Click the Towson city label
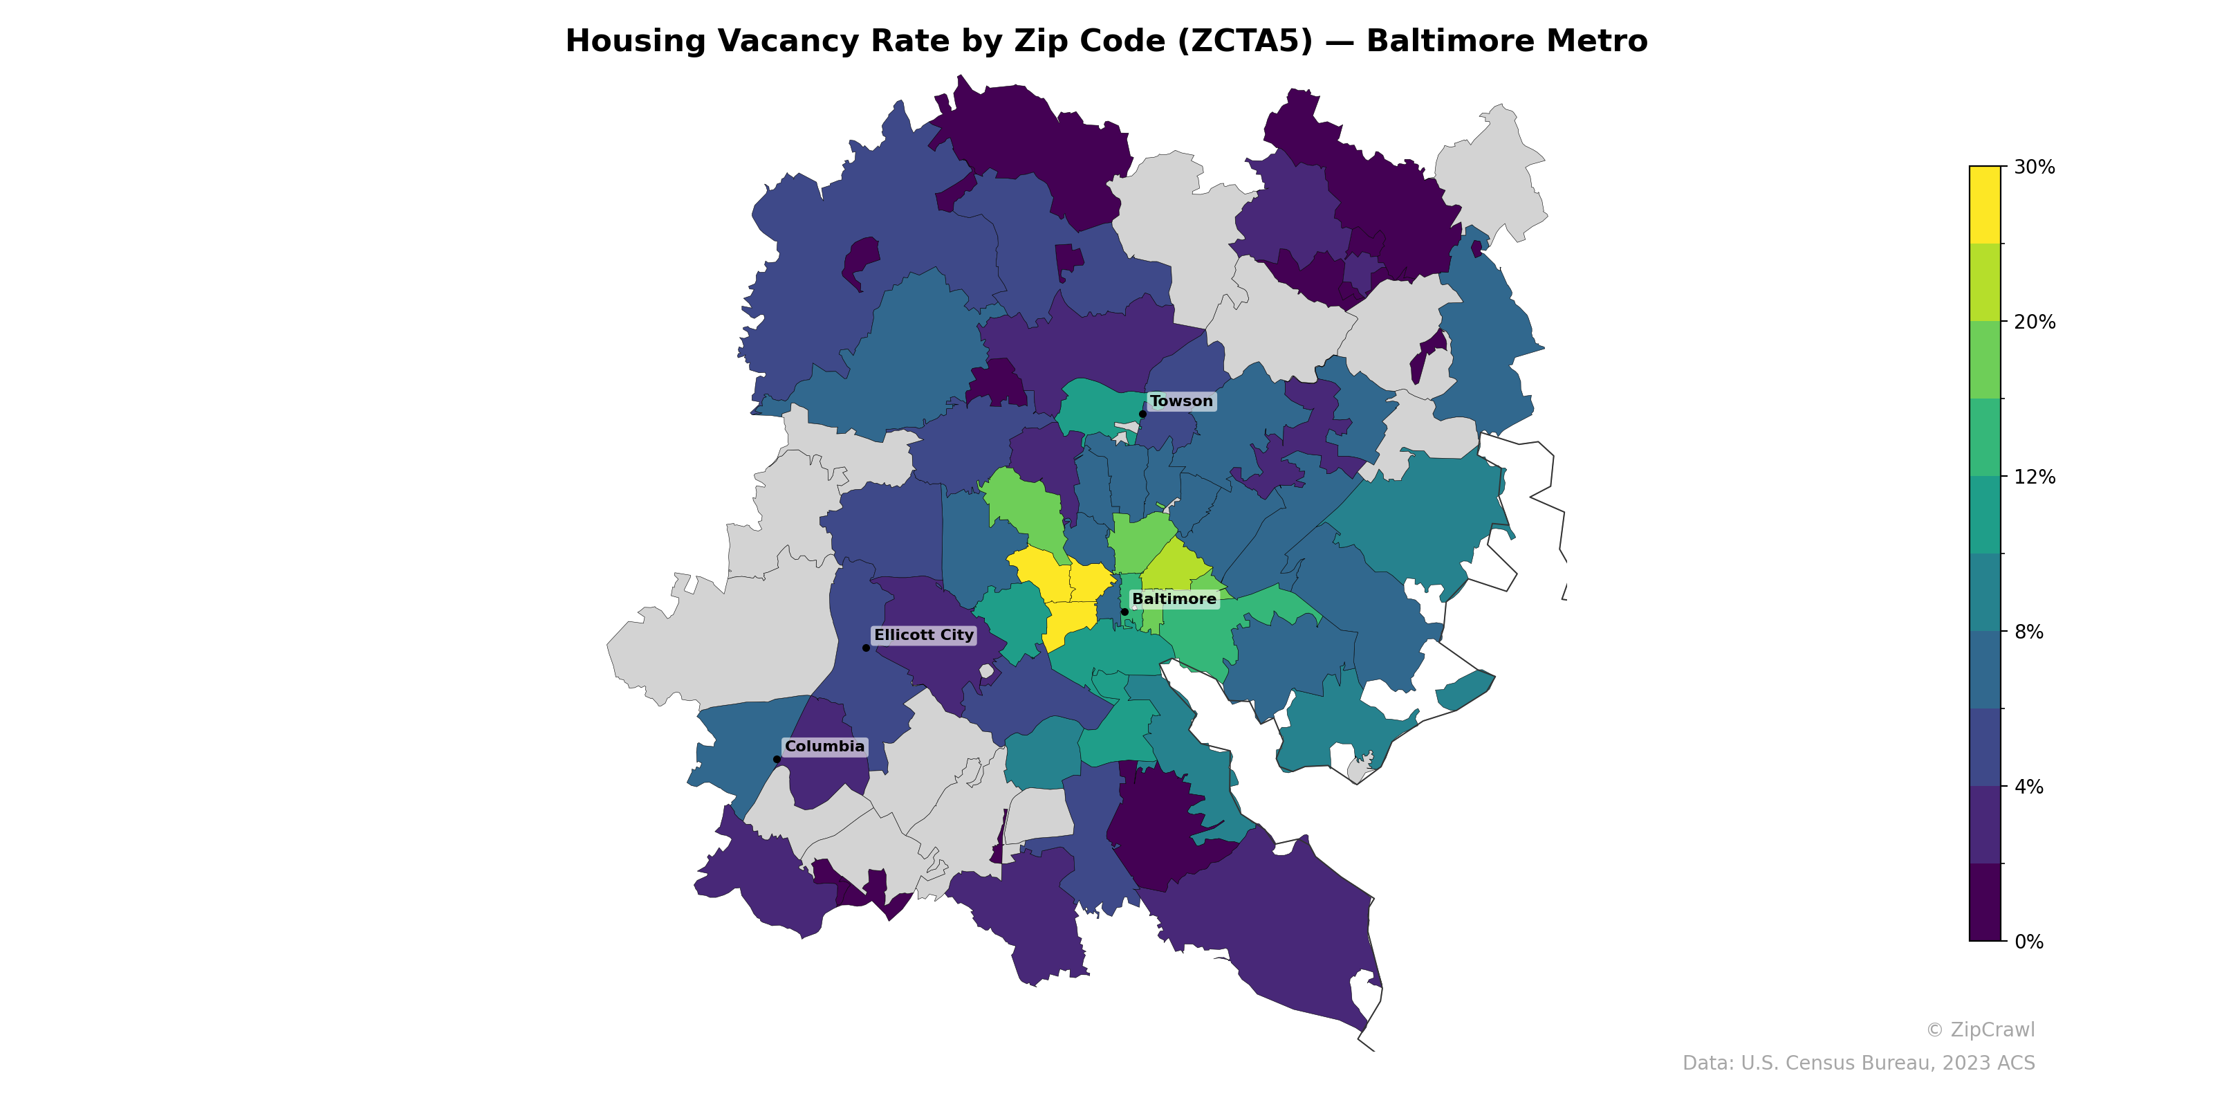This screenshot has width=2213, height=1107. pos(1181,401)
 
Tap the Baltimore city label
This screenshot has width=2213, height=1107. pos(1174,599)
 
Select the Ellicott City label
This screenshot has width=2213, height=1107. pos(923,635)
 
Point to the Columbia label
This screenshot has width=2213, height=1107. pos(825,746)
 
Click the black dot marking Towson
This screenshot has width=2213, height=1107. pos(1142,414)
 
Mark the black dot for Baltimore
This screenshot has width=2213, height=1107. pos(1124,612)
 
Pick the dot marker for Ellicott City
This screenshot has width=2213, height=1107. pos(866,648)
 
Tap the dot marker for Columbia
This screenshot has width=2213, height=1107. pos(777,759)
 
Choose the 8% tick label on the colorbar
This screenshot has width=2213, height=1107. pos(2029,632)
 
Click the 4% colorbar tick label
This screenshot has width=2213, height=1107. pos(2029,787)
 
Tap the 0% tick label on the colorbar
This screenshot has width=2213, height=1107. pos(2029,942)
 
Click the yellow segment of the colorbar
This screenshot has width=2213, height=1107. pos(1985,205)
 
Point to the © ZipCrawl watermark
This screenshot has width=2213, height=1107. pos(1980,1030)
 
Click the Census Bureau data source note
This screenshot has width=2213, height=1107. pos(1858,1063)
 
